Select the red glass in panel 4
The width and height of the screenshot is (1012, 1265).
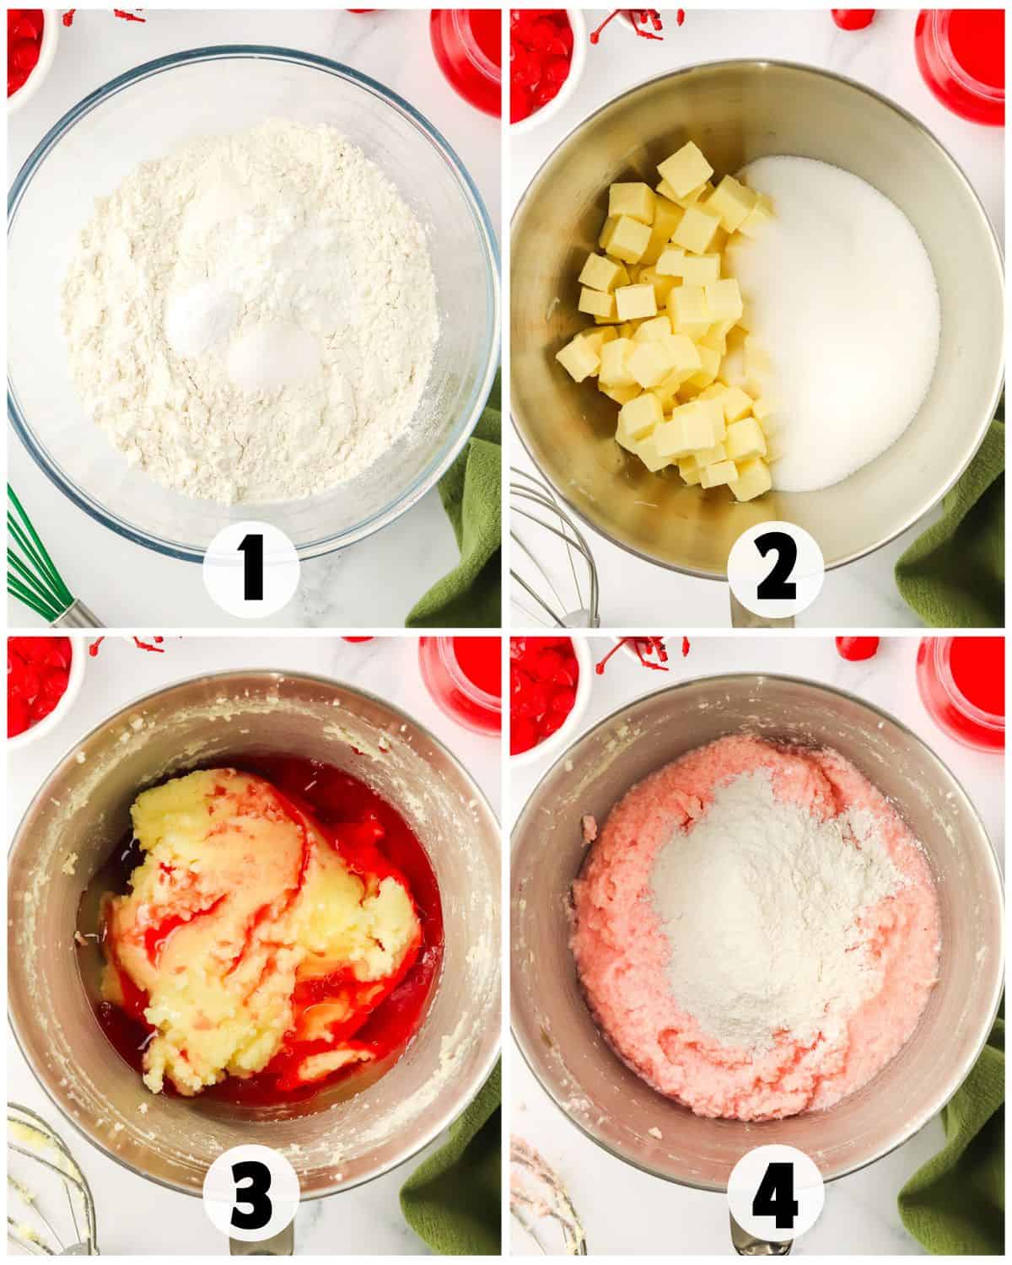pos(961,687)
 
